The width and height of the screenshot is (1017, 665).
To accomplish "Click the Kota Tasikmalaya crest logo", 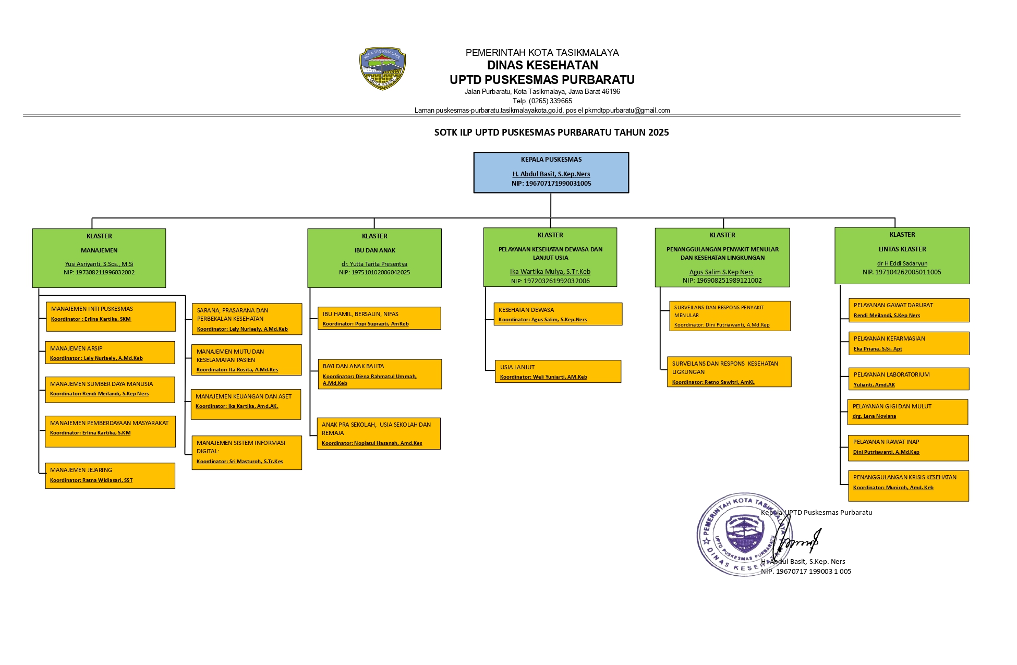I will (x=382, y=68).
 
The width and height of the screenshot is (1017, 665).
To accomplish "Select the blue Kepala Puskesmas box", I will (x=551, y=173).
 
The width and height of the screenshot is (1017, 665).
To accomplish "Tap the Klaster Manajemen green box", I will (x=99, y=258).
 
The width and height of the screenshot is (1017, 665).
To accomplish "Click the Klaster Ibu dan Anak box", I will (x=374, y=258).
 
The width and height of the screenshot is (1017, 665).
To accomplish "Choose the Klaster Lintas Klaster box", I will (x=902, y=256).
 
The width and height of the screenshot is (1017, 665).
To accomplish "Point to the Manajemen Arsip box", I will (x=110, y=353).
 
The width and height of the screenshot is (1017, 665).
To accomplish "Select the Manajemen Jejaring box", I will (x=110, y=475).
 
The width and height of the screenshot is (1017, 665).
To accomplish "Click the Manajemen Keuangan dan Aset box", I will (x=246, y=404).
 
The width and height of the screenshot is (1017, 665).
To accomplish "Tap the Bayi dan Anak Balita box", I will (x=380, y=374).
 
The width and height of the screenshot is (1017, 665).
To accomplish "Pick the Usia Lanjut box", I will (x=558, y=371).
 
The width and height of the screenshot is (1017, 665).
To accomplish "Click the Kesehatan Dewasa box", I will (x=558, y=314).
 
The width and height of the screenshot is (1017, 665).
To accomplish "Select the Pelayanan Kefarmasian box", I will (x=908, y=343).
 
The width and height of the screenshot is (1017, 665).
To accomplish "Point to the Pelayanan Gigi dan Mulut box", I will (x=907, y=412).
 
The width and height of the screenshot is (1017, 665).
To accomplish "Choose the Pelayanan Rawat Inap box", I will (x=907, y=448).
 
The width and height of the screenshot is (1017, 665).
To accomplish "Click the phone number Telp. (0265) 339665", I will (x=542, y=101).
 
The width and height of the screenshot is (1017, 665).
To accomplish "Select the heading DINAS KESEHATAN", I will (x=542, y=65).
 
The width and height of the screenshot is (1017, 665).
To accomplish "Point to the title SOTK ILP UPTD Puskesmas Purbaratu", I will (x=551, y=132).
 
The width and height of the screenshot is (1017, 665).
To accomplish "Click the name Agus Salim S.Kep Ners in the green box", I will (x=721, y=272).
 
